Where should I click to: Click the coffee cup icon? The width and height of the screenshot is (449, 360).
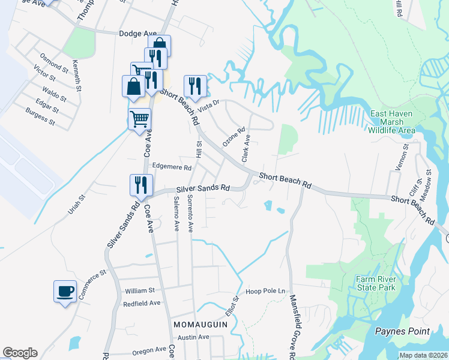65,292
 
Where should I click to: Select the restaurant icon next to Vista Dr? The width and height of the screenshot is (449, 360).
195,86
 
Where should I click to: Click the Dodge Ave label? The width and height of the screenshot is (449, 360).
137,34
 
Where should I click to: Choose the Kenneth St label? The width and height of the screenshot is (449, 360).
76,75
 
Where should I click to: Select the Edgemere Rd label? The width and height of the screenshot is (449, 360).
172,167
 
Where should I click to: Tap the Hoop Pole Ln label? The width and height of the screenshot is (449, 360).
265,291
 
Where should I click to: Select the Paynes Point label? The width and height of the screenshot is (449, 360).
402,331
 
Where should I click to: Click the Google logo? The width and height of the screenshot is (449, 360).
20,353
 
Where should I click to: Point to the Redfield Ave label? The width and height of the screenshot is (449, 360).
142,303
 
